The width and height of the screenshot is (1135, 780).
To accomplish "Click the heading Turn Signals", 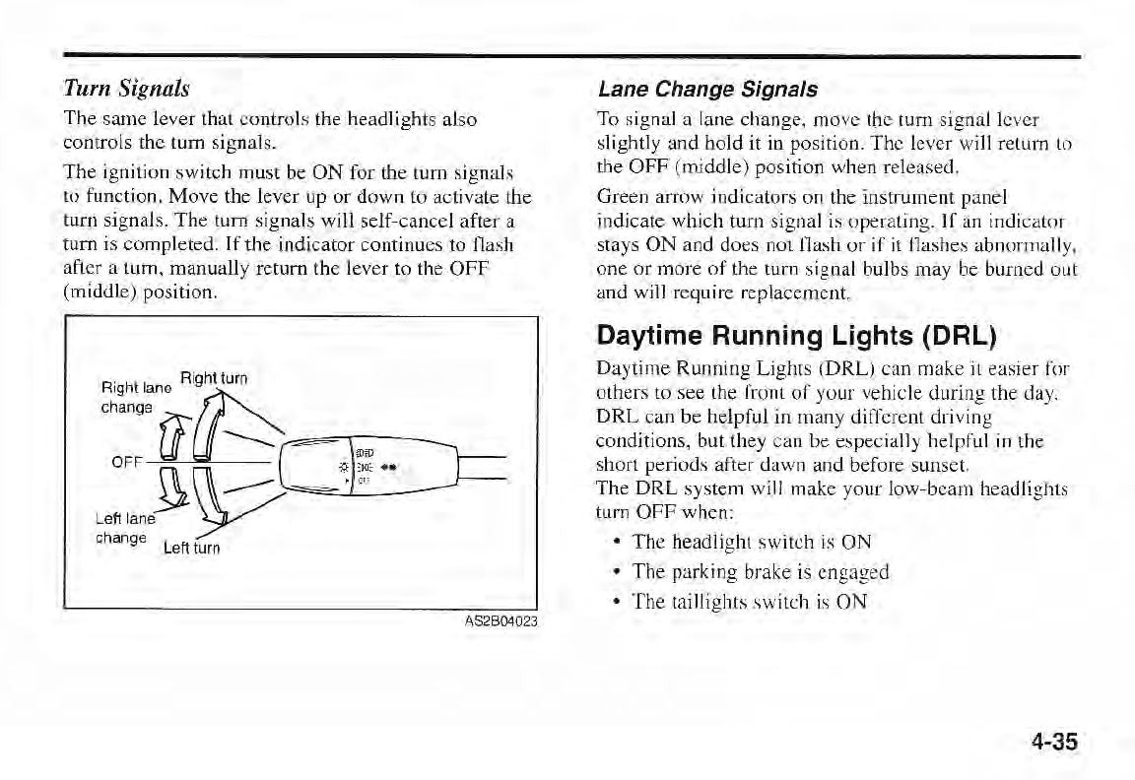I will click(x=126, y=88).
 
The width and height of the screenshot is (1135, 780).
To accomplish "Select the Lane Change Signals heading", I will click(x=707, y=89).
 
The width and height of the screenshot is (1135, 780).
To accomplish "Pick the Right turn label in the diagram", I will click(x=216, y=376).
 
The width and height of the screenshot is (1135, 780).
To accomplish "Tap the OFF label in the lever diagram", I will click(x=125, y=460).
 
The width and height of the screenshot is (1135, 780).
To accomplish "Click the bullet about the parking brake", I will click(x=761, y=572).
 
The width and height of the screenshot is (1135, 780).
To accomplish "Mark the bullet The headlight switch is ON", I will click(x=752, y=542).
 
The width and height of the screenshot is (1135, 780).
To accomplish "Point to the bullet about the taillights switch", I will click(x=750, y=602).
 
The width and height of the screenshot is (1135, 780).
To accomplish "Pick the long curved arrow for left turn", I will click(x=210, y=502).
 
